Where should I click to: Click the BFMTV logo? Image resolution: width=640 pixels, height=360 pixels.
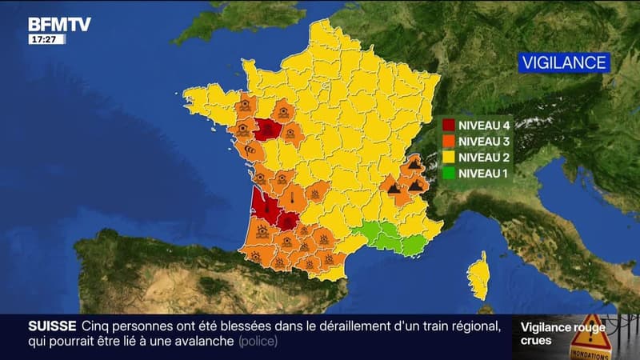click(x=59, y=24)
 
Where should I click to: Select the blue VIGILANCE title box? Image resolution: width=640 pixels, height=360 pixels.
click(x=563, y=62)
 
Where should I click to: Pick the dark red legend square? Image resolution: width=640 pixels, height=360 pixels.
click(x=449, y=126)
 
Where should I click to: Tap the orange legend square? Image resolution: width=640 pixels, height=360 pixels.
click(x=449, y=141)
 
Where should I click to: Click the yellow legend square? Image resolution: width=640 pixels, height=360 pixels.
click(x=449, y=156)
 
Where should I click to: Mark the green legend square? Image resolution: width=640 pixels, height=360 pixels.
click(x=449, y=171)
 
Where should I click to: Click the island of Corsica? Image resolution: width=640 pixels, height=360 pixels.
click(x=478, y=276)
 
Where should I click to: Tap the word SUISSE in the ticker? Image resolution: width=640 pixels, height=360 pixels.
click(x=52, y=326)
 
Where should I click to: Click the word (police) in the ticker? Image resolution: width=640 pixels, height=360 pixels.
click(x=257, y=342)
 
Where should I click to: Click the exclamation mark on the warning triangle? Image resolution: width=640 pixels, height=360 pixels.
click(x=590, y=332)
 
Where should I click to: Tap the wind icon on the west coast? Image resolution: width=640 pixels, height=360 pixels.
click(x=253, y=149)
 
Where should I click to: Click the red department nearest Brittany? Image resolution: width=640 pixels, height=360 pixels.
click(x=266, y=128)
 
